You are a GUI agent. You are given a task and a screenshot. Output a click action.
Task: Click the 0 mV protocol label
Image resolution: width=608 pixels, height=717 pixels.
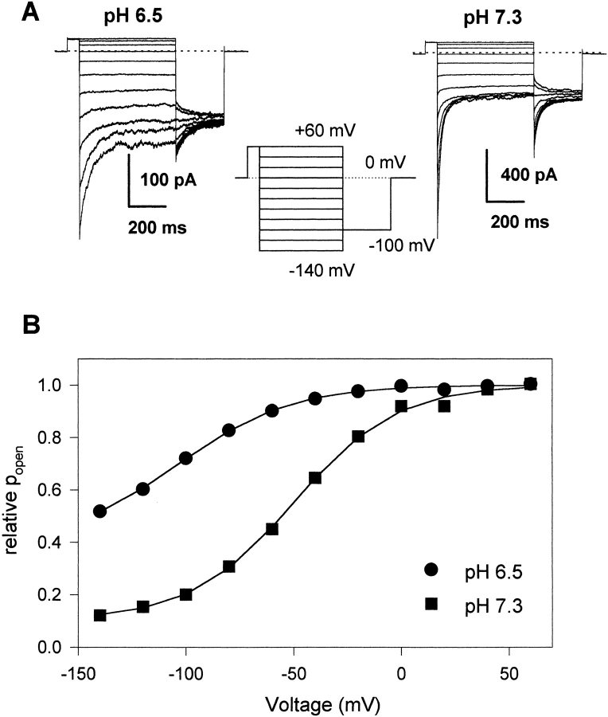366,162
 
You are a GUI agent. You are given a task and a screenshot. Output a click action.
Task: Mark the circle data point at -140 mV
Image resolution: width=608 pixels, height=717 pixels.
99,511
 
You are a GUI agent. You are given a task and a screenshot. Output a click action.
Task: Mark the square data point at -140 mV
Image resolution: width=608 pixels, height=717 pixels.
99,615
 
